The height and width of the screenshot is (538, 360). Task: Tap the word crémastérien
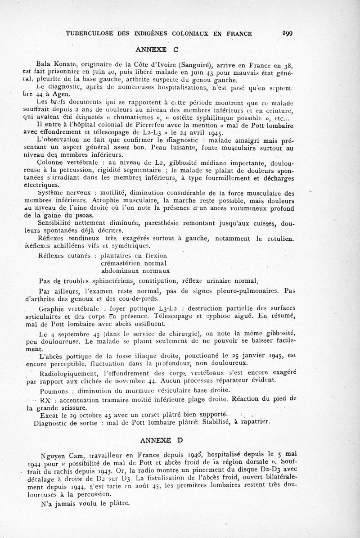tap(121, 263)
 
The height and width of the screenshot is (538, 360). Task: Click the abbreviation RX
tap(45, 399)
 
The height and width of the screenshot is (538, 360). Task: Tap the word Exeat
tap(49, 415)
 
